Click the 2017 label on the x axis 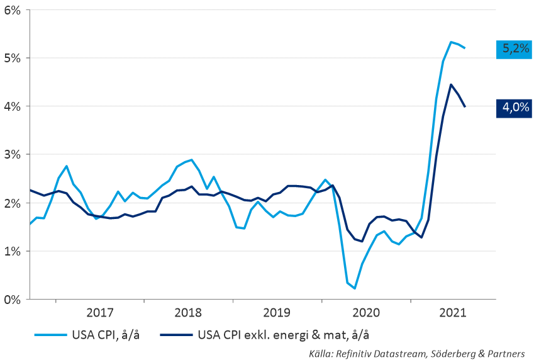click(99, 313)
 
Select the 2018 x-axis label click(188, 313)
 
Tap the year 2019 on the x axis click(277, 313)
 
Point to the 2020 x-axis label click(365, 313)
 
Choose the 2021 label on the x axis click(453, 313)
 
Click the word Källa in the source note click(321, 353)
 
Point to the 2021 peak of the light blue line click(451, 42)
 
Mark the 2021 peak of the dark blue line click(451, 84)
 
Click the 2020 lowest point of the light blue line click(355, 288)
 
